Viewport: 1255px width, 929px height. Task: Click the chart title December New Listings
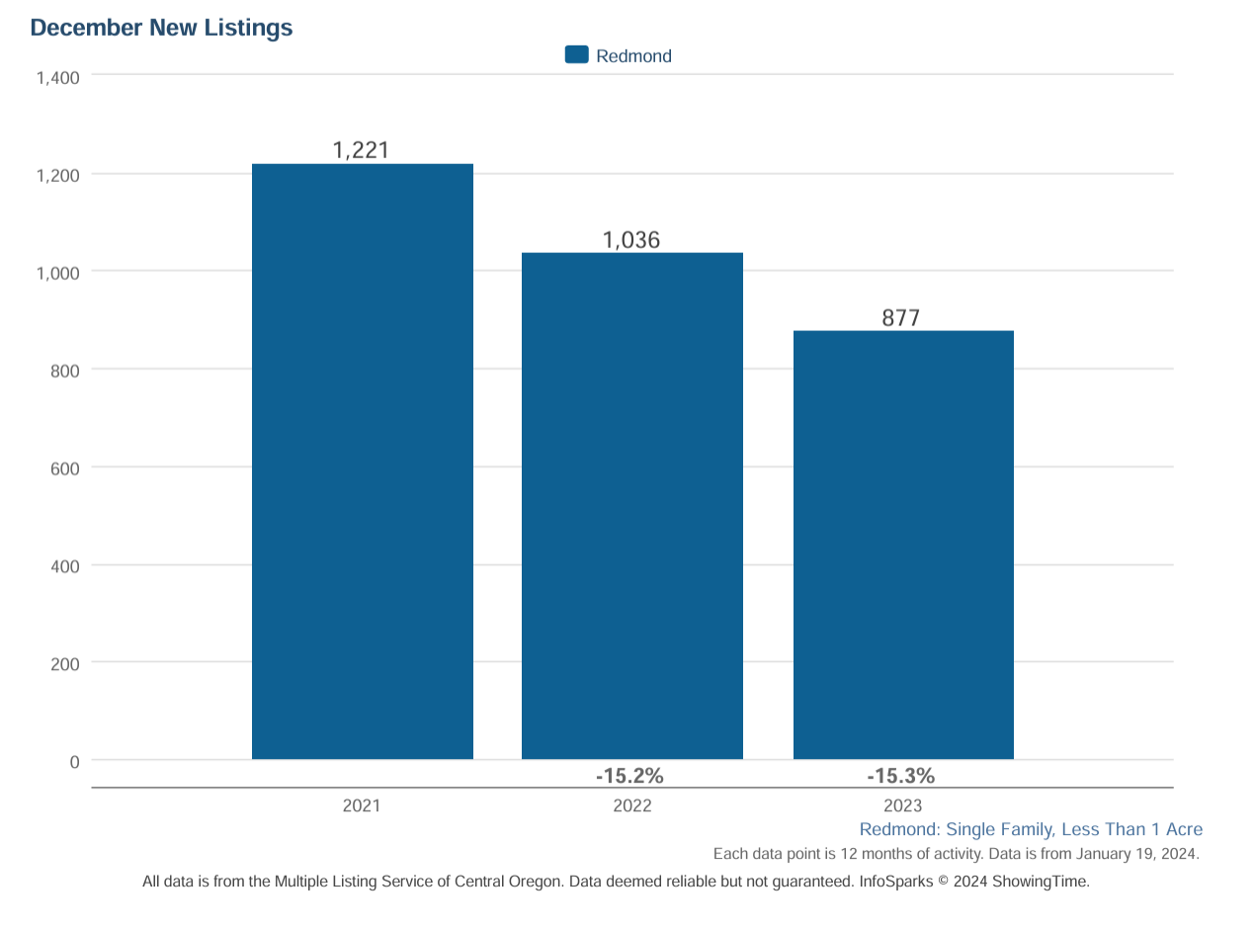click(x=161, y=28)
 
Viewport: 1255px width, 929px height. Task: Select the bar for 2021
click(x=362, y=462)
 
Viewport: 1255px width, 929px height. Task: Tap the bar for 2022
click(x=631, y=506)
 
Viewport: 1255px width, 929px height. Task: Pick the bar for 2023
click(x=903, y=545)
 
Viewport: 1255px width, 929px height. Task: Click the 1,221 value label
click(x=361, y=150)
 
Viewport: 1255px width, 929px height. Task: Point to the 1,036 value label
click(x=631, y=239)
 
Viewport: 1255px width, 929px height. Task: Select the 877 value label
click(x=901, y=317)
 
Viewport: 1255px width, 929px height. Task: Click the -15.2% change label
click(x=629, y=776)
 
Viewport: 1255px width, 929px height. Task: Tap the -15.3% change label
click(x=900, y=776)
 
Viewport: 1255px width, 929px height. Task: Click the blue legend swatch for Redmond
click(x=576, y=55)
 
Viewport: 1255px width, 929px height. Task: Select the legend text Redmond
click(x=633, y=56)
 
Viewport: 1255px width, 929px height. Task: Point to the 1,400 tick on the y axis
click(x=57, y=77)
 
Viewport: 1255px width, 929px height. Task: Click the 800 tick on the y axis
click(x=65, y=371)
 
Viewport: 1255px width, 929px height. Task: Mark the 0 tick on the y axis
click(x=74, y=762)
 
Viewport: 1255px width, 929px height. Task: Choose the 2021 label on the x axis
click(x=361, y=805)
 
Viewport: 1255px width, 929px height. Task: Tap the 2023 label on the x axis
click(x=902, y=805)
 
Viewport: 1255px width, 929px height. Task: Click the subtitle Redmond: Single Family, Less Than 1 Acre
click(x=1031, y=829)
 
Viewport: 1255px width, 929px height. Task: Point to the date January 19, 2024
click(x=1137, y=854)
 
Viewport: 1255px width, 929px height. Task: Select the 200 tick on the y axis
click(x=65, y=664)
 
